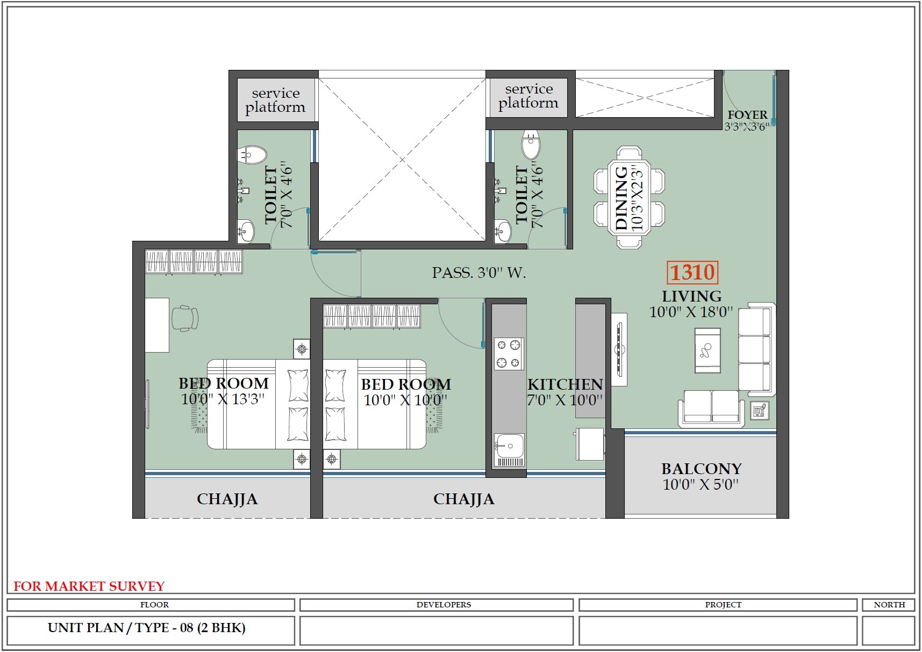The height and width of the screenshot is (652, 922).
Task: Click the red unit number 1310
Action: tap(692, 273)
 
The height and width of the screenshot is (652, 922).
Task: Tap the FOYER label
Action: tap(747, 115)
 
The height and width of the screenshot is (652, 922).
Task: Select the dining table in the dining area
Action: tap(629, 197)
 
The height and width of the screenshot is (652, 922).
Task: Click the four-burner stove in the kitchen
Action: tap(508, 353)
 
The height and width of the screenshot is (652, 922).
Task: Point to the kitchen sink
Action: tap(509, 446)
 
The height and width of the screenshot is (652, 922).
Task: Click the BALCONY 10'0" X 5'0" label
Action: tap(701, 476)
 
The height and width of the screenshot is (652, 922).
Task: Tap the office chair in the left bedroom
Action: tap(185, 318)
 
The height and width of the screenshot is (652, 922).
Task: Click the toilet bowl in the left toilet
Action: tap(252, 155)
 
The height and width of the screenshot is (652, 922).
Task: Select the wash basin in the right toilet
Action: tap(503, 232)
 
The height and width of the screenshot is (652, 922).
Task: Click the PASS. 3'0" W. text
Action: tap(478, 273)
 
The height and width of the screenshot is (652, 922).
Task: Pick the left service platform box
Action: tap(275, 100)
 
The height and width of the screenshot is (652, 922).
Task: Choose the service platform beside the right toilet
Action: tap(528, 96)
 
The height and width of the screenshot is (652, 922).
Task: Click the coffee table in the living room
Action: tap(707, 350)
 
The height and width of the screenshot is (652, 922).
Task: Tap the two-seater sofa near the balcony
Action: tap(711, 407)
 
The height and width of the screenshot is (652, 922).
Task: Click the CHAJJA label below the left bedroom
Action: tap(227, 499)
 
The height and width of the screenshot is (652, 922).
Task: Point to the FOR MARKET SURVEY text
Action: tap(89, 586)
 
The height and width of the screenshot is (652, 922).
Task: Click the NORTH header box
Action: tap(889, 605)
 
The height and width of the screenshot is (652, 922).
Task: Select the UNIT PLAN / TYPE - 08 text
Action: tap(146, 628)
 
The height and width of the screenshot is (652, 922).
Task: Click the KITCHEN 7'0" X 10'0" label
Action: tap(564, 392)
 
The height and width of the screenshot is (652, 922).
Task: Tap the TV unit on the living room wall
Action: tap(619, 349)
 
